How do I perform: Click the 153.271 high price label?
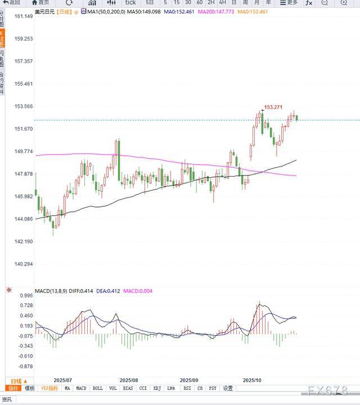pyautogui.click(x=273, y=107)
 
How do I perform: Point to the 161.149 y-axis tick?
pyautogui.click(x=24, y=16)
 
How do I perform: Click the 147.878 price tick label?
pyautogui.click(x=24, y=174)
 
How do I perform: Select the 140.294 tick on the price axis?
pyautogui.click(x=24, y=264)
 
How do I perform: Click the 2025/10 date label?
pyautogui.click(x=252, y=380)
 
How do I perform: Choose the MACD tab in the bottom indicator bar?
pyautogui.click(x=82, y=388)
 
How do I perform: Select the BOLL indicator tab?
pyautogui.click(x=97, y=388)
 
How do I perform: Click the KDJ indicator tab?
pyautogui.click(x=157, y=388)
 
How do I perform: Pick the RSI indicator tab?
pyautogui.click(x=187, y=388)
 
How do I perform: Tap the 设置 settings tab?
pyautogui.click(x=228, y=388)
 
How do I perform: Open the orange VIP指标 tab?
pyautogui.click(x=49, y=388)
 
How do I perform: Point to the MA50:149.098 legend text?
pyautogui.click(x=147, y=11)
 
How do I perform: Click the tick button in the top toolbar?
pyautogui.click(x=130, y=2)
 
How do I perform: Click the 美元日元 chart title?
pyautogui.click(x=46, y=11)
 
